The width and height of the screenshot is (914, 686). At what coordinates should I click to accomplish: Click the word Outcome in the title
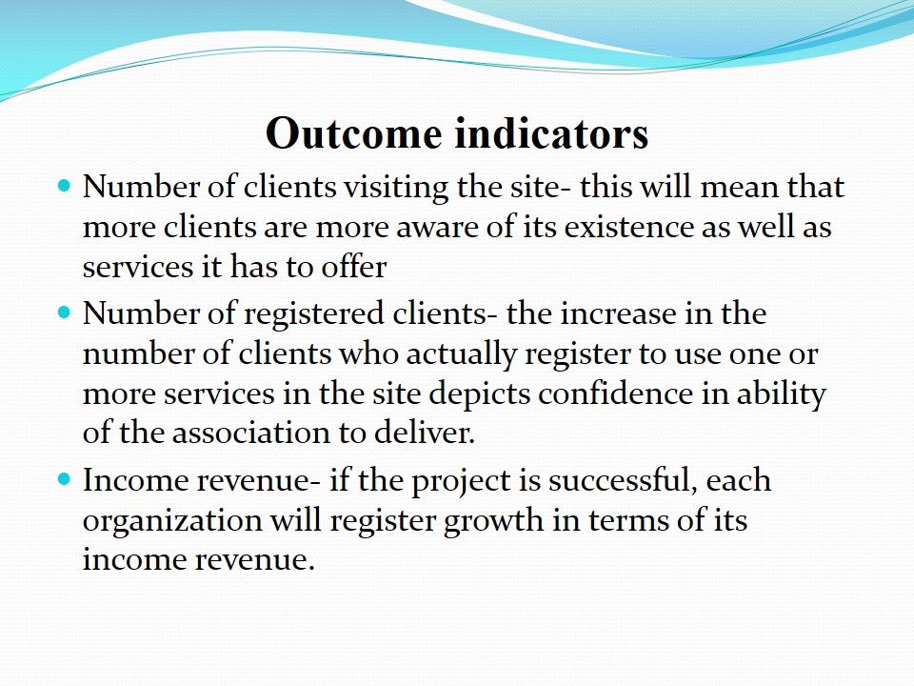click(x=353, y=133)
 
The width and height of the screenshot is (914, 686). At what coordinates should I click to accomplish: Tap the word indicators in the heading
click(x=551, y=133)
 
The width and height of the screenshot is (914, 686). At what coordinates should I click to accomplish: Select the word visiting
click(x=396, y=189)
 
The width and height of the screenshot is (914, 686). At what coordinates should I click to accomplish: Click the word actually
click(x=462, y=355)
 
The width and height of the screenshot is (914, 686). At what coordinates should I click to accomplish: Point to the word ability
click(x=781, y=394)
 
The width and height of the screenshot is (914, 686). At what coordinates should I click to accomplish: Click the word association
click(x=251, y=434)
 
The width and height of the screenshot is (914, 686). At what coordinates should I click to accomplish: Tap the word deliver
click(x=425, y=434)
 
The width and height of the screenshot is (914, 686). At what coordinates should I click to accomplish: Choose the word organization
click(x=172, y=521)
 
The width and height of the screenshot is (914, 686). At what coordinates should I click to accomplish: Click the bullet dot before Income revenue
click(x=64, y=479)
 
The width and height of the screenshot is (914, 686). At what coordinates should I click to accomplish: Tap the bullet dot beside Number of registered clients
click(x=64, y=313)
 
